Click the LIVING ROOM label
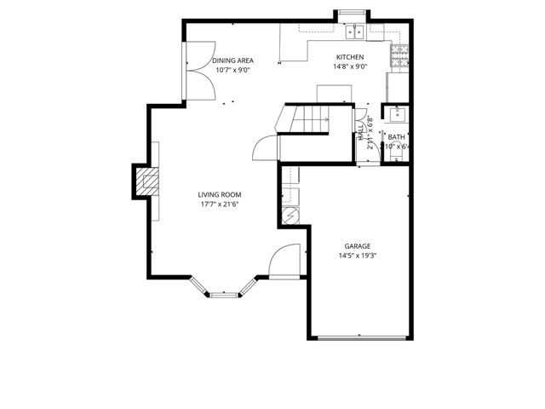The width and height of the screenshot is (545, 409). click(220, 194)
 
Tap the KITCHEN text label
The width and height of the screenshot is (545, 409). click(350, 57)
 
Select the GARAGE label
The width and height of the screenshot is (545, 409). click(358, 245)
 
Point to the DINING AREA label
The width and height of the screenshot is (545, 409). click(233, 60)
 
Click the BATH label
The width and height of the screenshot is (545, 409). click(397, 136)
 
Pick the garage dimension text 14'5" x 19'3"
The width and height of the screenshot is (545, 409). click(358, 255)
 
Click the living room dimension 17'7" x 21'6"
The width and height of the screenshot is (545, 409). click(220, 204)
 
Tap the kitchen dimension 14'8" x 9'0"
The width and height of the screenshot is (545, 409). click(350, 66)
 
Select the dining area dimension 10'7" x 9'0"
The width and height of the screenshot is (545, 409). click(233, 70)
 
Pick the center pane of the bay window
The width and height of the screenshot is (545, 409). click(225, 295)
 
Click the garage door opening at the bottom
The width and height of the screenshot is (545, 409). click(361, 338)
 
